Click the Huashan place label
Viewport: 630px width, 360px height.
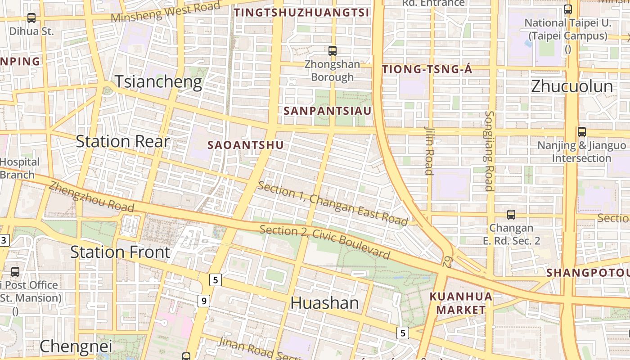pyautogui.click(x=324, y=303)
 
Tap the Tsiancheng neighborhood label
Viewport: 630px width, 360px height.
pyautogui.click(x=158, y=82)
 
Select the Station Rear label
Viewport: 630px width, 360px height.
pyautogui.click(x=122, y=141)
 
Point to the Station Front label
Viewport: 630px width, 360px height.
pyautogui.click(x=120, y=252)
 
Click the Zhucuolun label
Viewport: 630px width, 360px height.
pyautogui.click(x=572, y=86)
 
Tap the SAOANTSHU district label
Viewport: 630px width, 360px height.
pyautogui.click(x=246, y=145)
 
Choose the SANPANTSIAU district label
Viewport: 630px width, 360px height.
pyautogui.click(x=328, y=111)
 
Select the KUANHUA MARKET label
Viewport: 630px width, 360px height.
pyautogui.click(x=461, y=303)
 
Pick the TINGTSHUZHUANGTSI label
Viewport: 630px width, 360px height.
pyautogui.click(x=301, y=13)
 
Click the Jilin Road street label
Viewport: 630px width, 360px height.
pyautogui.click(x=429, y=150)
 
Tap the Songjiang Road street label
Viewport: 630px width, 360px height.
pyautogui.click(x=490, y=151)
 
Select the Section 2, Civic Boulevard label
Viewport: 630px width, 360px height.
pyautogui.click(x=325, y=242)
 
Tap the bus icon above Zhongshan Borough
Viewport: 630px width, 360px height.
pyautogui.click(x=333, y=51)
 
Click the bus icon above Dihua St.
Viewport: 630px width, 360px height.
pyautogui.click(x=31, y=18)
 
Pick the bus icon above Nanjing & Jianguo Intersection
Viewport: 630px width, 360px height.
pyautogui.click(x=582, y=132)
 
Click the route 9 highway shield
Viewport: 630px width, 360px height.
pyautogui.click(x=204, y=301)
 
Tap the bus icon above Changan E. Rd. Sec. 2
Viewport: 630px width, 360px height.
pyautogui.click(x=511, y=215)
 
